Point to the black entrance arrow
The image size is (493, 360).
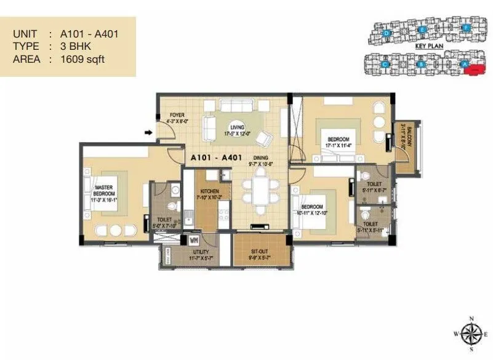[148, 132]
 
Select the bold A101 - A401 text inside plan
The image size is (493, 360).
[218, 156]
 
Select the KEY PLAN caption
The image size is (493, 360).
[427, 46]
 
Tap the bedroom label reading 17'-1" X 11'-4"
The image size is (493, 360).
[338, 143]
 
